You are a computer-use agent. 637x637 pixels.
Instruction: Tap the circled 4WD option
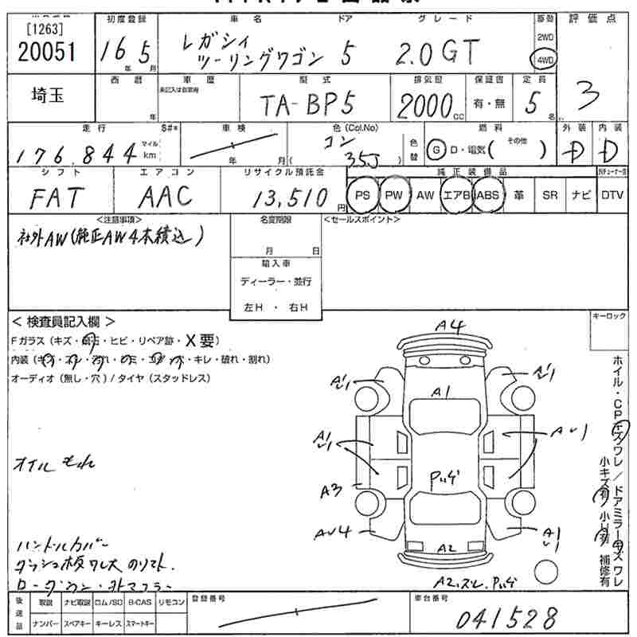(x=545, y=58)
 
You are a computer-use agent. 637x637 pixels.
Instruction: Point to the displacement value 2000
(x=424, y=104)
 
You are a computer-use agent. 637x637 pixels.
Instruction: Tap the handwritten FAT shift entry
(x=54, y=195)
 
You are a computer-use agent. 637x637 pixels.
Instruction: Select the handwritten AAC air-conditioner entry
(x=166, y=195)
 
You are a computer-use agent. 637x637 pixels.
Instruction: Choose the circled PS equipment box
(x=363, y=195)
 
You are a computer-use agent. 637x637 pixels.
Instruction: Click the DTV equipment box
(x=612, y=195)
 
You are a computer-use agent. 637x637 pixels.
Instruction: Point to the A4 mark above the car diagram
(x=450, y=324)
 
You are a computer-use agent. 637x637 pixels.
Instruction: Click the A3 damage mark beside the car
(x=331, y=491)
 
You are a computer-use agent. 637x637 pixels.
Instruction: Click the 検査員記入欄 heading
(x=64, y=322)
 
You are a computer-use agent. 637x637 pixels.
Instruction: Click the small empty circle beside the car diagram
(x=545, y=571)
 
